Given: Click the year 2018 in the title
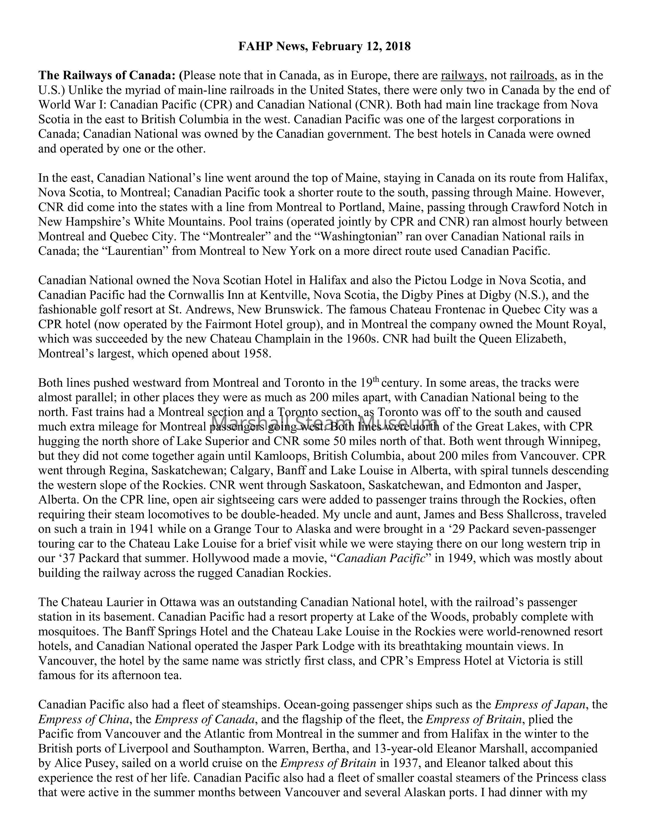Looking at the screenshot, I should (x=398, y=47).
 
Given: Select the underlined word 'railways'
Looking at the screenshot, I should (x=462, y=75).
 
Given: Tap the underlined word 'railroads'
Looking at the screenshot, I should (x=532, y=75).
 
